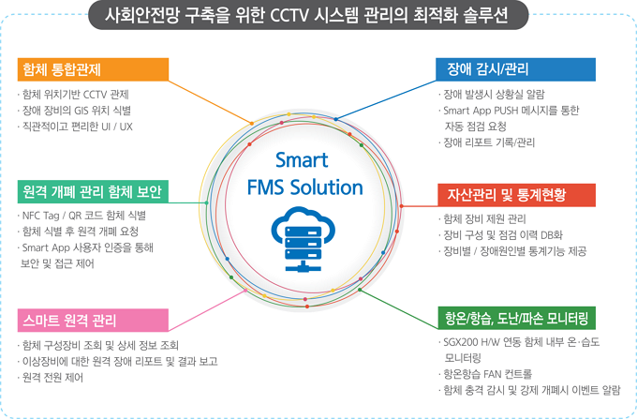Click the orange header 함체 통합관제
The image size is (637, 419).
pyautogui.click(x=92, y=70)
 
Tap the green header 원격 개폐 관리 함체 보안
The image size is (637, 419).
pyautogui.click(x=92, y=192)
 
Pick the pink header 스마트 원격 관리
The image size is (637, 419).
pyautogui.click(x=92, y=321)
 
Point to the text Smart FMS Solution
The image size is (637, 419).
pyautogui.click(x=304, y=174)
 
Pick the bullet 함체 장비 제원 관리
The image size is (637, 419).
pyautogui.click(x=486, y=219)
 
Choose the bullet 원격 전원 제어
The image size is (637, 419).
pyautogui.click(x=57, y=376)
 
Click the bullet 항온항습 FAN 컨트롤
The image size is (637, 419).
pyautogui.click(x=494, y=373)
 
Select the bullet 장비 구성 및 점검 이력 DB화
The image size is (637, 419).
pyautogui.click(x=505, y=235)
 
